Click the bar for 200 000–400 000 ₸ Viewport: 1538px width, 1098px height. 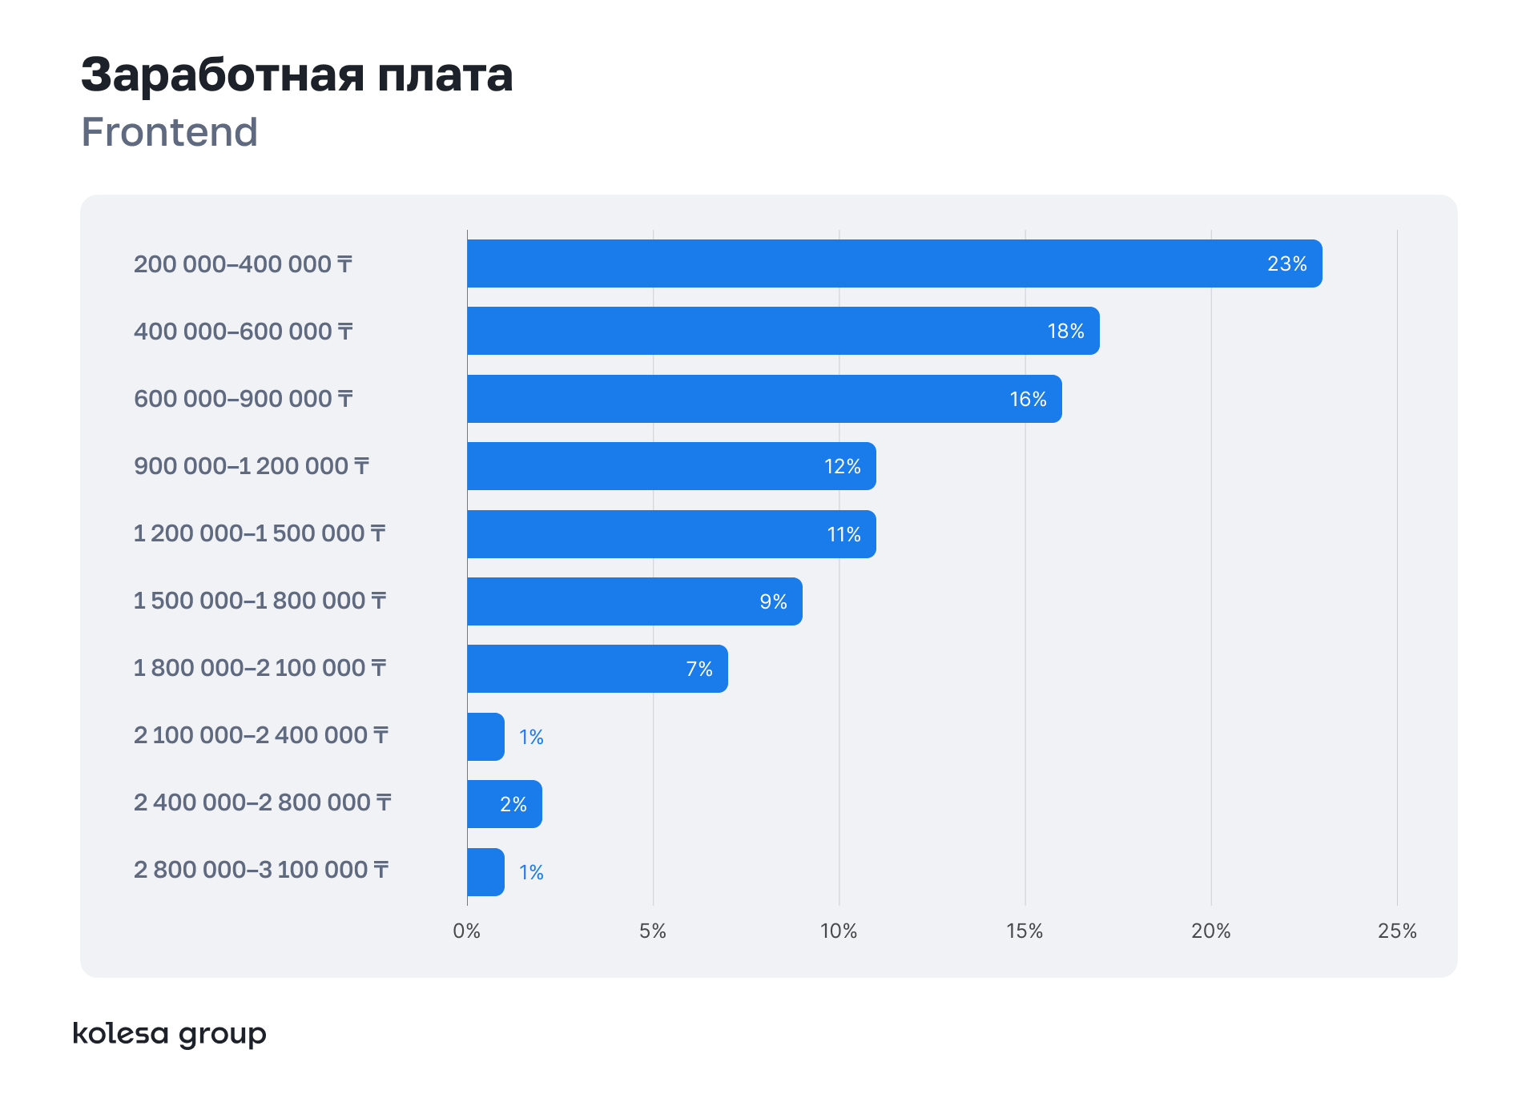[894, 263]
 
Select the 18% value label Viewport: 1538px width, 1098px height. [1065, 332]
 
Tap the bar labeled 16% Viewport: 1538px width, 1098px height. [764, 399]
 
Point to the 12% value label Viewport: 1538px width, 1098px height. [842, 467]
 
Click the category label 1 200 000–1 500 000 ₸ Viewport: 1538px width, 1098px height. [260, 533]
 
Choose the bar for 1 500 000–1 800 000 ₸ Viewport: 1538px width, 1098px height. [634, 601]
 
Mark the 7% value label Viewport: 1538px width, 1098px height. [699, 670]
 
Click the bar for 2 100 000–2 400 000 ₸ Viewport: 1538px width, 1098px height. [485, 737]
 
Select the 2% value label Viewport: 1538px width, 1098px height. [513, 805]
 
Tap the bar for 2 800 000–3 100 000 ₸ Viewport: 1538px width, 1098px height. [485, 872]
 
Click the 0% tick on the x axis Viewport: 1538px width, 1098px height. [466, 931]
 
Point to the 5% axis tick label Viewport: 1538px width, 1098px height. [653, 931]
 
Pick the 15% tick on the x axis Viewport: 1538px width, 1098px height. [1025, 931]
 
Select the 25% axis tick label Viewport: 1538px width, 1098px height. [1397, 931]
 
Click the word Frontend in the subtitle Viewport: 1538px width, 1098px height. [170, 132]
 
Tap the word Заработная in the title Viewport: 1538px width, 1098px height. [223, 75]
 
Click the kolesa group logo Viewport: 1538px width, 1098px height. [169, 1034]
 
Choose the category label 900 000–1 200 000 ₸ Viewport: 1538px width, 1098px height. [252, 466]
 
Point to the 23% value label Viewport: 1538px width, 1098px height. [1286, 264]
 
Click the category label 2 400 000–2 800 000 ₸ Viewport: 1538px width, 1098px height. [263, 802]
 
